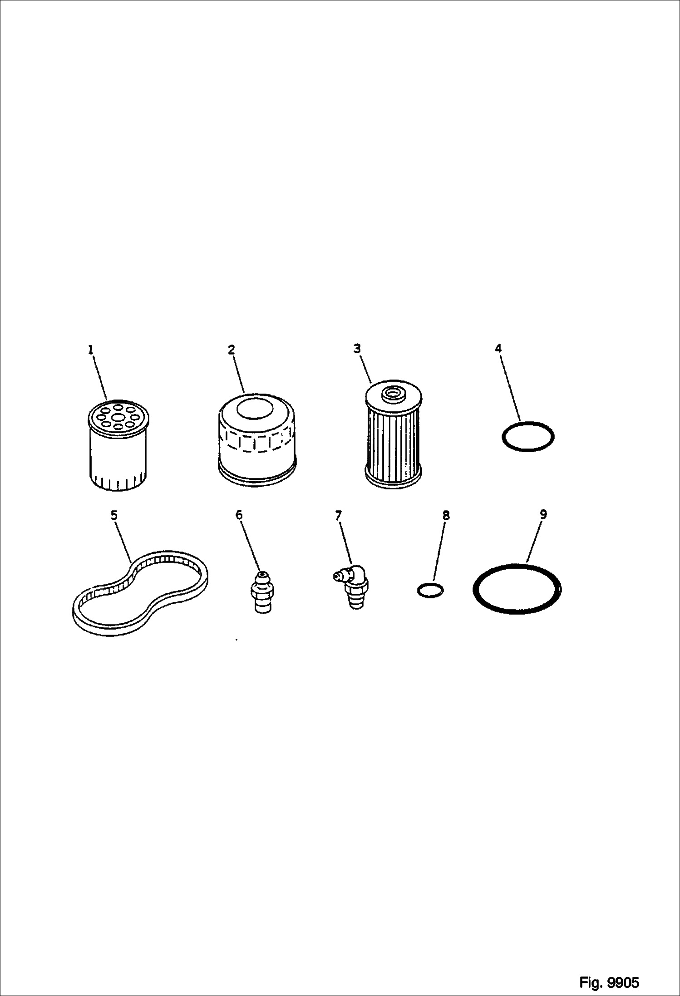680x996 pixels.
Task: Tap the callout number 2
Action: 232,350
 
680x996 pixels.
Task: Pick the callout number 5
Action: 114,515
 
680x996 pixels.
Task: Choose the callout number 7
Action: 339,515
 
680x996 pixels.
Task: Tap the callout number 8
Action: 446,515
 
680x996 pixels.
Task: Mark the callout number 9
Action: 543,514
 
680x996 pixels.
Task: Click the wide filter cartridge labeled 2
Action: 257,439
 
